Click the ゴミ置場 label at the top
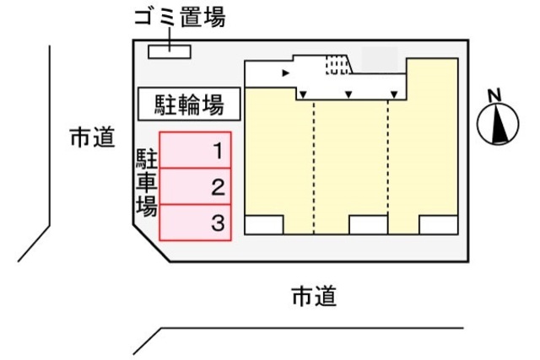[x=180, y=17]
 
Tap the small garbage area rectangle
[x=170, y=51]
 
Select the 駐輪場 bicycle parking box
[x=189, y=104]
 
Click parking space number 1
[x=195, y=150]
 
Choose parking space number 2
[x=195, y=186]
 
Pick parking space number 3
[x=195, y=223]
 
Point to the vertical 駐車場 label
[x=147, y=182]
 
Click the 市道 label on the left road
[x=92, y=137]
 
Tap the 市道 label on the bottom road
[x=314, y=296]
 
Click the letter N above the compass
[x=495, y=95]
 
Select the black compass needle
[x=499, y=124]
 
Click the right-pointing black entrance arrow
[x=285, y=73]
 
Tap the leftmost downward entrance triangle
[x=303, y=94]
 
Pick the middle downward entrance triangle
[x=348, y=94]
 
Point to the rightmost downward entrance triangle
[x=394, y=94]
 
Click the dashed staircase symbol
[x=337, y=65]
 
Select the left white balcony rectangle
[x=264, y=225]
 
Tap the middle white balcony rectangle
[x=369, y=225]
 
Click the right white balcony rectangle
[x=439, y=225]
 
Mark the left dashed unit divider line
[x=314, y=167]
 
